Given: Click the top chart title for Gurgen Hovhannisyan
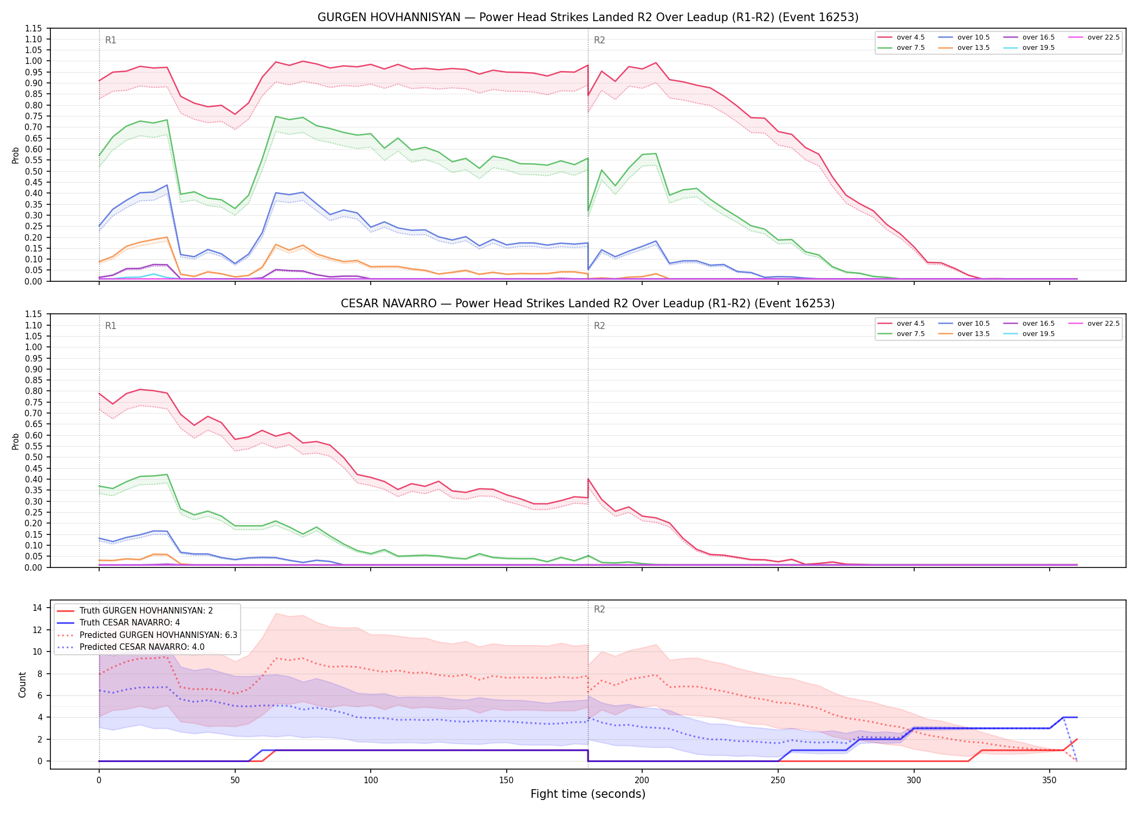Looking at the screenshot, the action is coord(588,17).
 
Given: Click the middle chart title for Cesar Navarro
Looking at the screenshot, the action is coord(588,304).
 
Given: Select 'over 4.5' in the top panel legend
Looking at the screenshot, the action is coord(910,37).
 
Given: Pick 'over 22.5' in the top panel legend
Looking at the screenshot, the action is coord(1103,37).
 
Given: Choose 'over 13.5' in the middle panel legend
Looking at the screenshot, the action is coord(973,334).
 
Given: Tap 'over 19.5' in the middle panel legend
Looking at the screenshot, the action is coord(1038,334).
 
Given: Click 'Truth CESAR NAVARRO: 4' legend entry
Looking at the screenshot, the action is coord(130,623).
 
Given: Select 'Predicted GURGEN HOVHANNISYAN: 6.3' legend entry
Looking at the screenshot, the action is coord(158,635).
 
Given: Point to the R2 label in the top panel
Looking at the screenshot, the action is coord(599,40).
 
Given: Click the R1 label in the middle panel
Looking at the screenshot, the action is coord(111,326).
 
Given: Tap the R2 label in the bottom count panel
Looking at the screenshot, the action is coord(599,609).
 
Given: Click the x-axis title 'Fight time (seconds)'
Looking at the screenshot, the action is coord(588,794).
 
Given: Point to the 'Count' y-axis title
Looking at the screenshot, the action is coord(23,685).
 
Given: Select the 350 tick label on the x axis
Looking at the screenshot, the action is coord(1050,780).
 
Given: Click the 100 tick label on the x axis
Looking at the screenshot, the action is coord(371,780).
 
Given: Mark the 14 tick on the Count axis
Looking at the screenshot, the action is coord(37,608).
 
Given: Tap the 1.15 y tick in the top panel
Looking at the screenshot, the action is coord(33,28).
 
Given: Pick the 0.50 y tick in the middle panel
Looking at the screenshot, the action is coord(33,457).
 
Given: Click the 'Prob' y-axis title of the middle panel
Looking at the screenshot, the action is coord(16,441).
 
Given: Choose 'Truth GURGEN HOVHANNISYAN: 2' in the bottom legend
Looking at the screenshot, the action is coord(146,611).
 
